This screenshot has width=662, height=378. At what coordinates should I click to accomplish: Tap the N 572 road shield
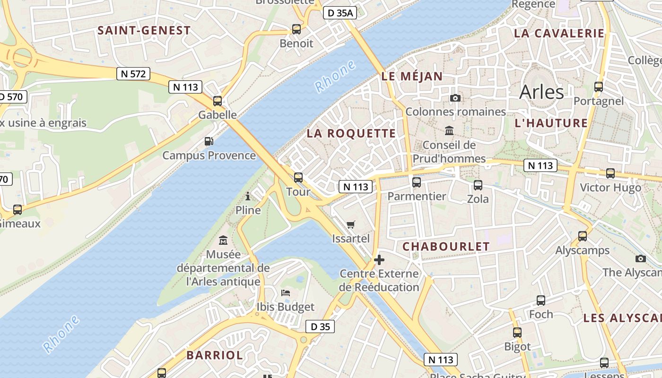pos(133,74)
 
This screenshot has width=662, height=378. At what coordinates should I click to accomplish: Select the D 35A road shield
pos(340,13)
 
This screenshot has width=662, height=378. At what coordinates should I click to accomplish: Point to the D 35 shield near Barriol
pos(320,326)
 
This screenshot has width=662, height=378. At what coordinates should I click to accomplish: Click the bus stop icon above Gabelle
pos(218,101)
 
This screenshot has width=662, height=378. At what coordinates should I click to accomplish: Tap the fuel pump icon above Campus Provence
pos(209,141)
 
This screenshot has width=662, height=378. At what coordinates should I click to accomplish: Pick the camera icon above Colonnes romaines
pos(455,98)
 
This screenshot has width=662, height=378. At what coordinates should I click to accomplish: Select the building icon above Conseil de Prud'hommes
pos(449,130)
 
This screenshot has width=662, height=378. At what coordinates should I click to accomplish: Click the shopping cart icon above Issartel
pos(350,224)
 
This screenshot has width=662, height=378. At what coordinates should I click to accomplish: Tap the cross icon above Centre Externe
pos(379,259)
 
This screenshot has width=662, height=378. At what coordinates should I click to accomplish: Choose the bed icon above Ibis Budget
pos(285,293)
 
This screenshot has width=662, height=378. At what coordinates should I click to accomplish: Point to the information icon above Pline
pos(248,196)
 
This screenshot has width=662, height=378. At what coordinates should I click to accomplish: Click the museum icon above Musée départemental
pos(223,241)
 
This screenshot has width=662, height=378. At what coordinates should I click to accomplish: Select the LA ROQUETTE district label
pos(351,133)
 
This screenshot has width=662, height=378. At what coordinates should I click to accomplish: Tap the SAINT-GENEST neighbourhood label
pos(144,31)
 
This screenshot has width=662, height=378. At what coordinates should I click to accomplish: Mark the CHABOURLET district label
pos(446,247)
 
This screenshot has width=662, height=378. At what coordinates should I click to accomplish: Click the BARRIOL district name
pos(215,355)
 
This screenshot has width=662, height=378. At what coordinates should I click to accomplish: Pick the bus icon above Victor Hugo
pos(610,173)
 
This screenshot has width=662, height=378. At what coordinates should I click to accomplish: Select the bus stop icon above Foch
pos(541,300)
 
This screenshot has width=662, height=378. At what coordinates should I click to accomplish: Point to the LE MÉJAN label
pos(412,77)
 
